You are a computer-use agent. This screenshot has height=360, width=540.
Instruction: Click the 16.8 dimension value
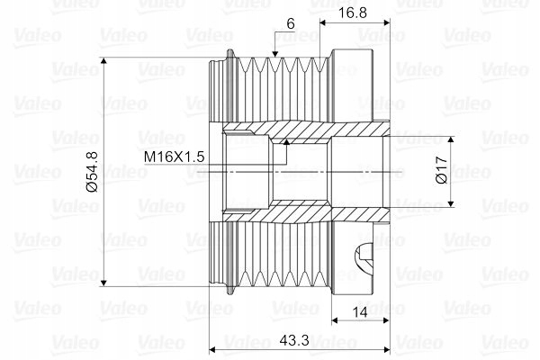(x=353, y=13)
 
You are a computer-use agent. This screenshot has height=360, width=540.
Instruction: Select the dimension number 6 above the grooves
(x=291, y=23)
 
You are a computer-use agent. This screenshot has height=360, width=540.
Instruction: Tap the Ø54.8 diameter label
(x=93, y=172)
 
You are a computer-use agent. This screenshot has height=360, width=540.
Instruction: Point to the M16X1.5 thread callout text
(x=174, y=157)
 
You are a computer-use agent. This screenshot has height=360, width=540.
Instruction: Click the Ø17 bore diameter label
(x=441, y=169)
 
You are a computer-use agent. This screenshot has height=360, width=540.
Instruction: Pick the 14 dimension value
(x=360, y=313)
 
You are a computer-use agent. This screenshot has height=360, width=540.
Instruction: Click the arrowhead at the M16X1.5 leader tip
(x=285, y=142)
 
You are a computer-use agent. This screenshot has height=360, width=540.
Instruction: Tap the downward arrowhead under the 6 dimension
(x=274, y=53)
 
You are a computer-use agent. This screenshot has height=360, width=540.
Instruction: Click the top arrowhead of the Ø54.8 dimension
(x=103, y=61)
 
